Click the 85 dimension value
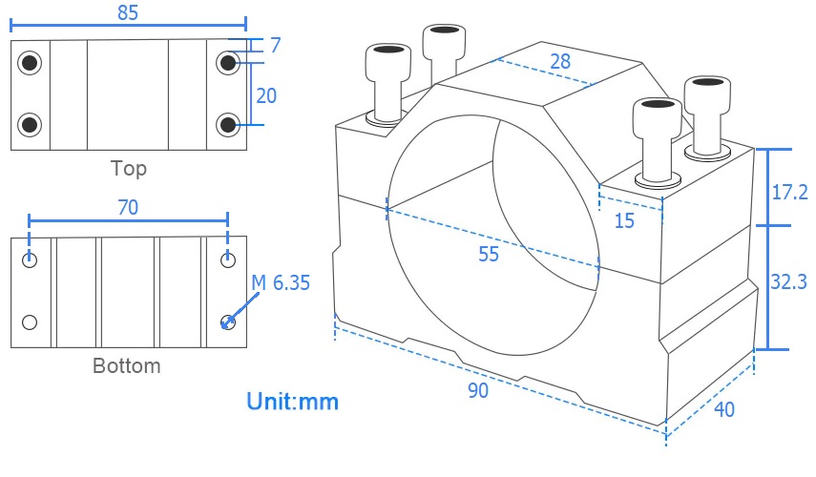coord(128,12)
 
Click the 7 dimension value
coord(275,46)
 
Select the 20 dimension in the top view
coord(268,95)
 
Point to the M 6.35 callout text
coord(281,283)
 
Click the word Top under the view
coord(129,169)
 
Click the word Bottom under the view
coord(127,365)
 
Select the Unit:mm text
coord(293,401)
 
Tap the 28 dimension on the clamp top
coord(560,61)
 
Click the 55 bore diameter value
coord(489,254)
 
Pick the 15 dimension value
coord(624,221)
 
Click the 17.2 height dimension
coord(789,192)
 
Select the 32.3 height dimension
coord(789,281)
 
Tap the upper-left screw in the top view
coord(31,63)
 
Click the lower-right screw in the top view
coord(227,124)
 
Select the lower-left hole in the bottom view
coord(31,321)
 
